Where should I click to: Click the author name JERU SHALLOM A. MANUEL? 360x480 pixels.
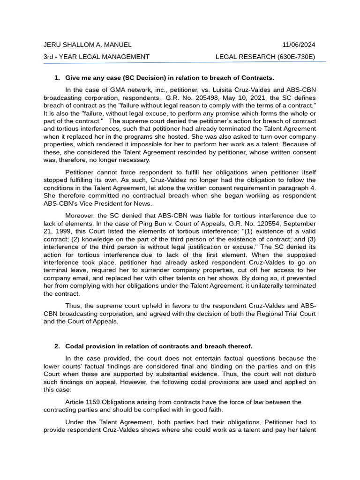click(x=87, y=45)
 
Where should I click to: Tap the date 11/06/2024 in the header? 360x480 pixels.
click(x=299, y=45)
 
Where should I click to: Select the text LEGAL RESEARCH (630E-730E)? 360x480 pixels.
click(x=265, y=57)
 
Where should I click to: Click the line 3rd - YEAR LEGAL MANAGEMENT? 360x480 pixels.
click(x=96, y=57)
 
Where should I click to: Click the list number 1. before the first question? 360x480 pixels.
click(x=57, y=78)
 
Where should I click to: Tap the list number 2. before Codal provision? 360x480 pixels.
click(x=57, y=346)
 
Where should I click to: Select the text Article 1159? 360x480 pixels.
click(x=83, y=402)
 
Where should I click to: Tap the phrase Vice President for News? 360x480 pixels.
click(x=127, y=203)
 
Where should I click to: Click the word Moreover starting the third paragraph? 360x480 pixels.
click(x=81, y=216)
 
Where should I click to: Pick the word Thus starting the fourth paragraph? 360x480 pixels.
click(x=73, y=306)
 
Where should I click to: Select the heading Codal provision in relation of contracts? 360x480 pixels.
click(x=134, y=346)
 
